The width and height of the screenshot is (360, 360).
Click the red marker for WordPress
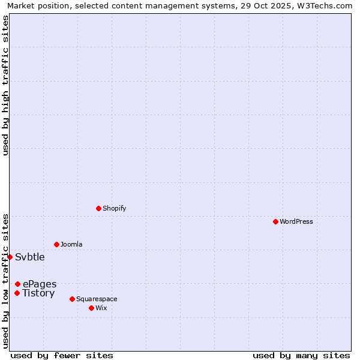pos(275,221)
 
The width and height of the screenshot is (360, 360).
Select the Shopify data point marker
pos(98,208)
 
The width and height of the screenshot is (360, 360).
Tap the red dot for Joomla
pos(56,244)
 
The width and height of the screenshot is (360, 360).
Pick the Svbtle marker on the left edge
pos(10,257)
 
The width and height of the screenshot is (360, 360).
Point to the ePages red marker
pos(17,284)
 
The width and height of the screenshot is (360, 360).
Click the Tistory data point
pos(17,293)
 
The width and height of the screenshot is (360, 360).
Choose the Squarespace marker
pos(72,299)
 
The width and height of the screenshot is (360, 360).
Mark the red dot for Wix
pos(91,308)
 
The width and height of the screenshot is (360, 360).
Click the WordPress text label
pos(296,221)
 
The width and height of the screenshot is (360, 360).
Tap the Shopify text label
pos(114,208)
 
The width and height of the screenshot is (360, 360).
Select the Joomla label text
pos(71,244)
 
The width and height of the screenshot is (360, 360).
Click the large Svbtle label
pos(30,257)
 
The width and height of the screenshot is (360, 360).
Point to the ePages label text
pos(40,284)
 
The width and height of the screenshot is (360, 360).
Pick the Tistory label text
pos(38,293)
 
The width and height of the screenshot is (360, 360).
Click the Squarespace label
pos(97,299)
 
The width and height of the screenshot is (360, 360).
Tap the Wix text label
pos(101,308)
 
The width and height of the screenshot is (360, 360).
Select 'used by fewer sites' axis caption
pos(62,355)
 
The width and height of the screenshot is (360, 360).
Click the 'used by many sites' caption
pos(301,355)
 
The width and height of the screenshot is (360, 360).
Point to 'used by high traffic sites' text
pos(5,85)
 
